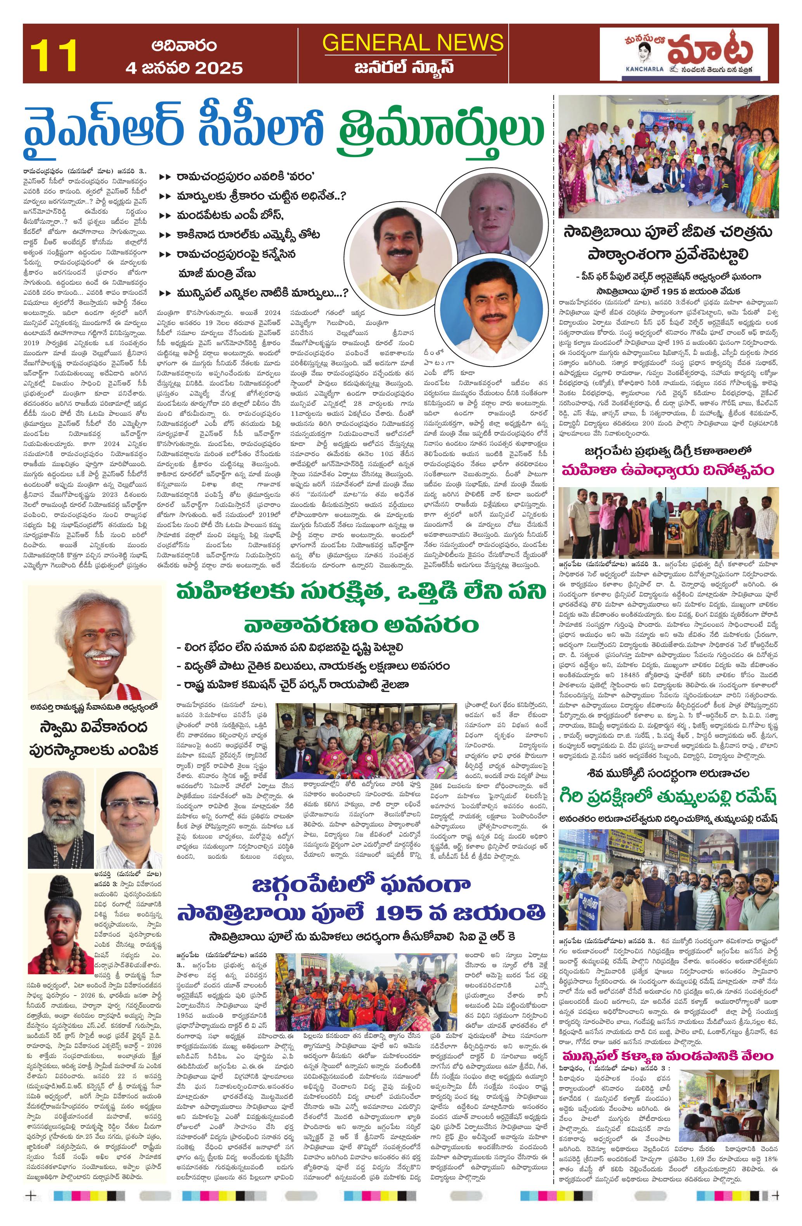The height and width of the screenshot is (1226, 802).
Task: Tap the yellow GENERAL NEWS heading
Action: coord(412,42)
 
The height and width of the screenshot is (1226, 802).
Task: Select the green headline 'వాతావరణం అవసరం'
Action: coord(361,625)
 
